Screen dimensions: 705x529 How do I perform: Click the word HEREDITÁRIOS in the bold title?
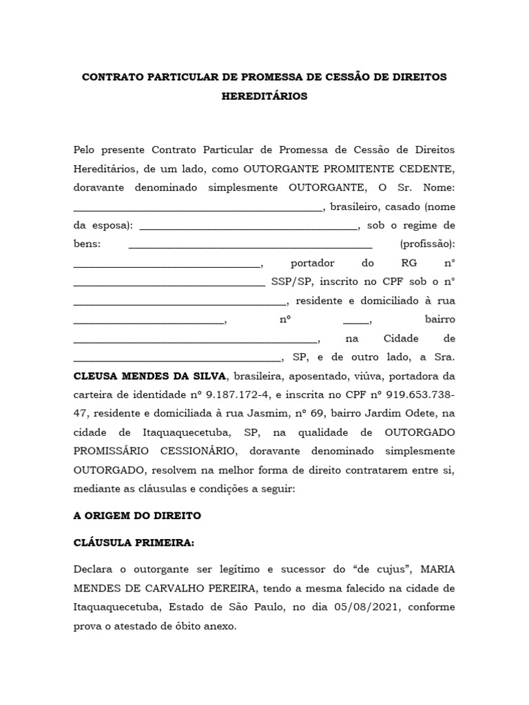[x=264, y=96]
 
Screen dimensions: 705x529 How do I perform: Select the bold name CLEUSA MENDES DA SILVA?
[x=149, y=376]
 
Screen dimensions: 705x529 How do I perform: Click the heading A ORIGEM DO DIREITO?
[x=137, y=515]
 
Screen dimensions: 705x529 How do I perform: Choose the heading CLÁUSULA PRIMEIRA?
[x=134, y=543]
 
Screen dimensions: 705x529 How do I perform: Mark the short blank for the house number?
[x=356, y=320]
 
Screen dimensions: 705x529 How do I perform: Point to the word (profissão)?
[x=427, y=244]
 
